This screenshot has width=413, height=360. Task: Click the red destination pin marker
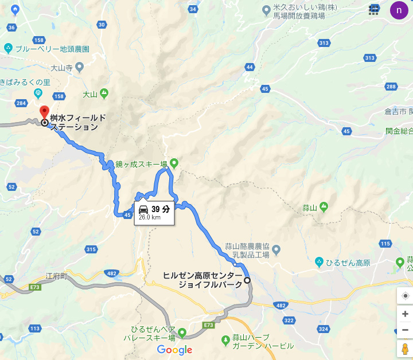(44, 111)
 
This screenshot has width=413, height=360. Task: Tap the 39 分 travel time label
(161, 209)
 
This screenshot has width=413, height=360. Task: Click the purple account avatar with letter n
(399, 10)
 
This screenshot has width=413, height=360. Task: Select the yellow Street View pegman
(405, 349)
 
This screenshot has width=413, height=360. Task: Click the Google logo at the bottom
(174, 350)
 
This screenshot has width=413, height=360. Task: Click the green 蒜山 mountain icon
(324, 206)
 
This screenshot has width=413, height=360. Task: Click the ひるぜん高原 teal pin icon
(319, 263)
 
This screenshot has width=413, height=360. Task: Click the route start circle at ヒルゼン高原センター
(247, 280)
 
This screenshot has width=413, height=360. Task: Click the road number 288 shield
(391, 87)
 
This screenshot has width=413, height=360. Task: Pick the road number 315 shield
(91, 249)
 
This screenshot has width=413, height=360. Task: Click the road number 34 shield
(193, 9)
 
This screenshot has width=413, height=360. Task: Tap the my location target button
(405, 296)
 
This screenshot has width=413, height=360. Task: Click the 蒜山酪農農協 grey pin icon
(276, 250)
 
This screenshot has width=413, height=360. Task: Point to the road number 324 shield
(324, 329)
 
